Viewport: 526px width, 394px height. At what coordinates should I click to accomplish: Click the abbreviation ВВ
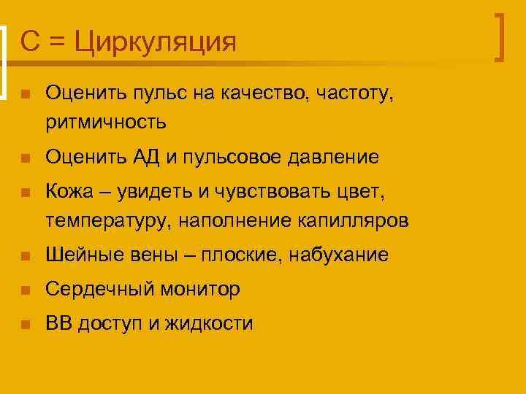tap(58, 324)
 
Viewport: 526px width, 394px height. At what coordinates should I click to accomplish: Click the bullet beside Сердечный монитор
tap(25, 290)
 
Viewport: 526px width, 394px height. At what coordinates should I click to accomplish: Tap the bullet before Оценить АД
tap(25, 157)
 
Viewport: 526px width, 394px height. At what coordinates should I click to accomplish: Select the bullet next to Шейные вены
tap(25, 255)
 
